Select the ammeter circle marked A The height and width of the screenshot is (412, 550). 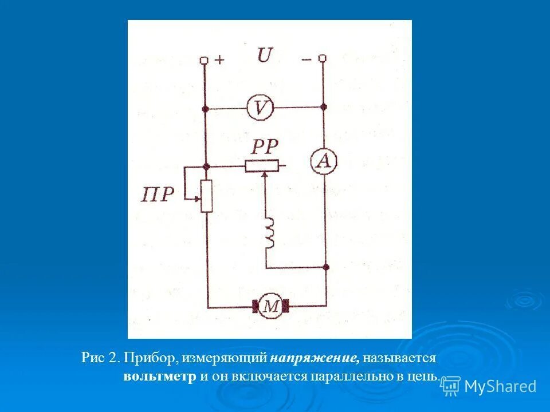point(324,162)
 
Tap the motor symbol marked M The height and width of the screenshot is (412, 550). point(271,307)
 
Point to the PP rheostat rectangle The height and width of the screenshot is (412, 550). point(261,166)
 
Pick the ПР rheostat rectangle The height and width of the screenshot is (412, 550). point(207,196)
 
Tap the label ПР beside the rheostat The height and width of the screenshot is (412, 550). point(157,195)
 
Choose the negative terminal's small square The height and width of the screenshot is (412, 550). point(323,58)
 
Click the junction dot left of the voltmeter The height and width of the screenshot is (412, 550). point(205,108)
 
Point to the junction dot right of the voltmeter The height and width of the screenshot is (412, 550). point(323,107)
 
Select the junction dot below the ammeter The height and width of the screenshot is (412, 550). point(325,267)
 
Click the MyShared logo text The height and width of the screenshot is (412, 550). point(500,386)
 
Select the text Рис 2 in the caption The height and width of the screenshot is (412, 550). point(100,359)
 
